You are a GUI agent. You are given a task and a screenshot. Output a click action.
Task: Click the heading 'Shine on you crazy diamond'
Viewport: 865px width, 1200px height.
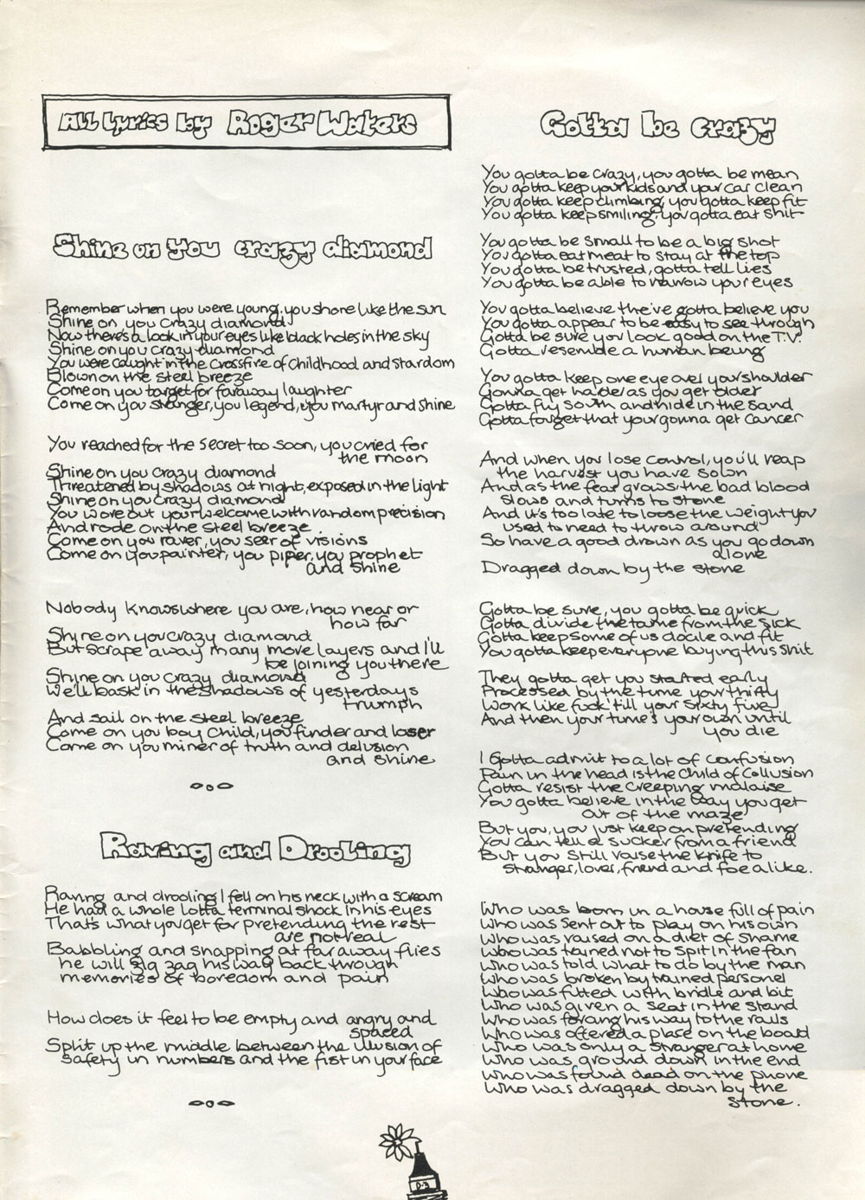pyautogui.click(x=242, y=249)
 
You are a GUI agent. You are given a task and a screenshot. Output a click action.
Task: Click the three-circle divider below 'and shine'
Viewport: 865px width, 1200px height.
pyautogui.click(x=209, y=786)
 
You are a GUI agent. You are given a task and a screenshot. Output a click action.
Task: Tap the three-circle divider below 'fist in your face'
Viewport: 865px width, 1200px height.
pyautogui.click(x=209, y=1103)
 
